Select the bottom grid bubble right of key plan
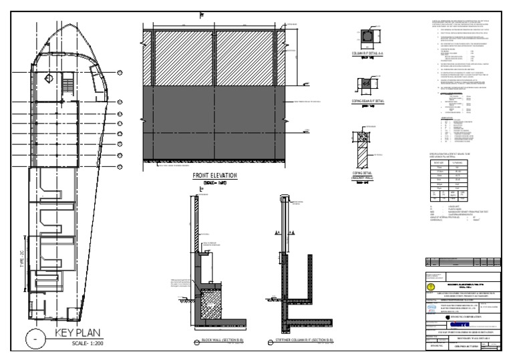[x=120, y=165]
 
